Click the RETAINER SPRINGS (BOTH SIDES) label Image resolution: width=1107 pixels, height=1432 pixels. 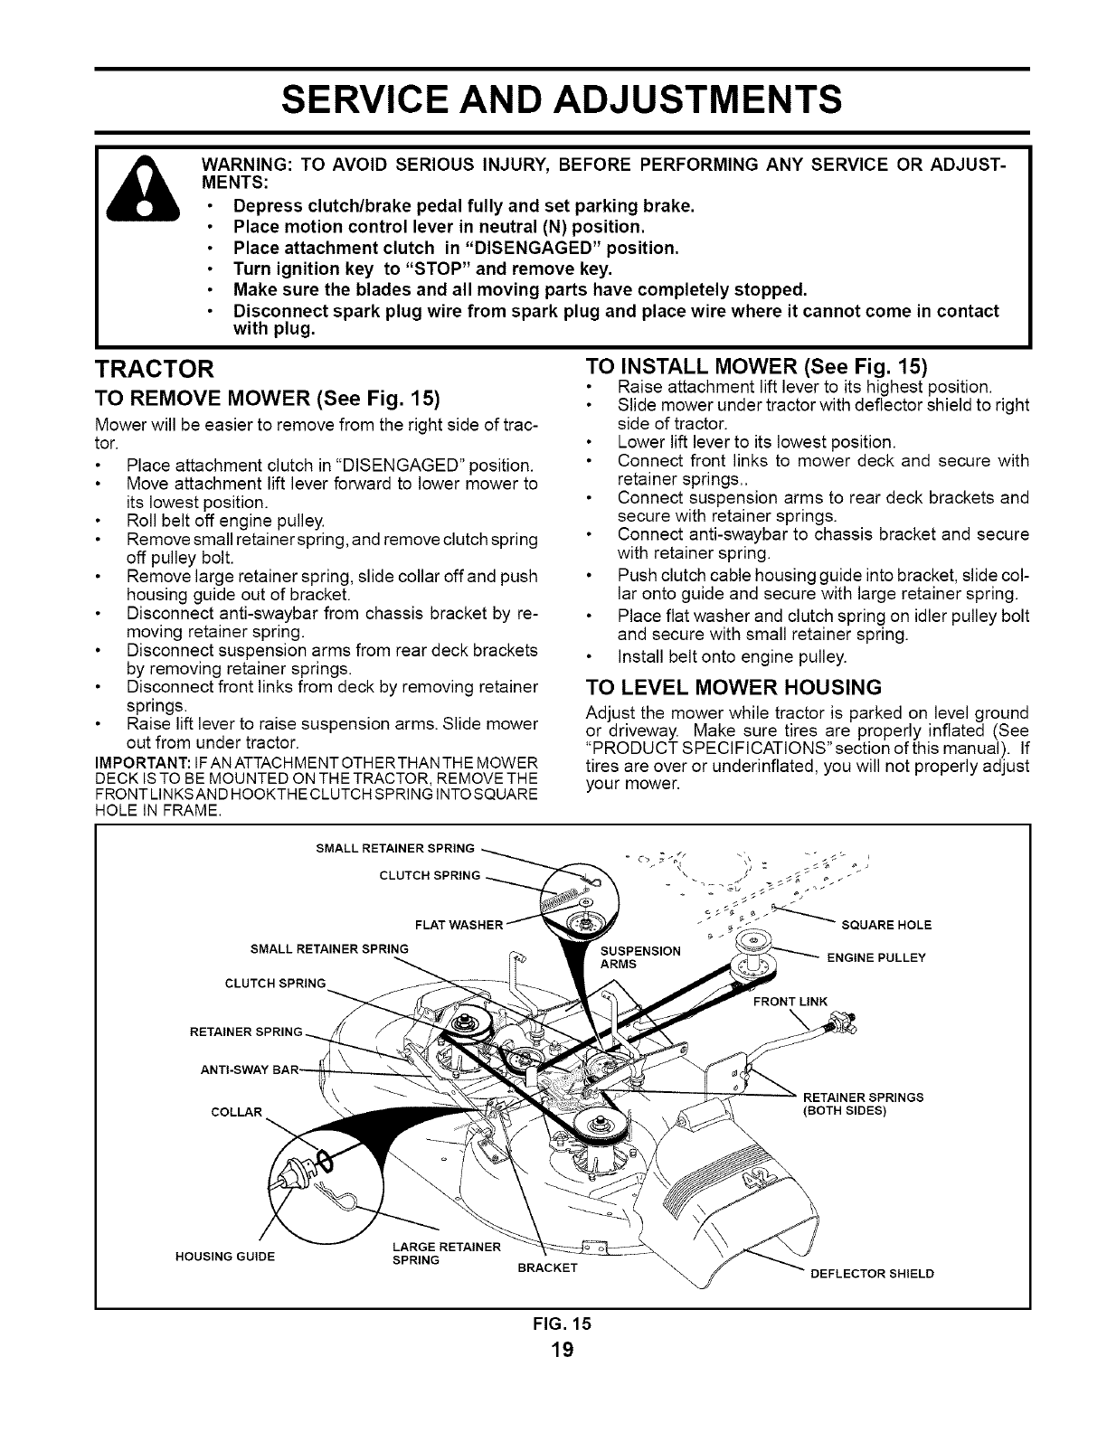(x=863, y=1104)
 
